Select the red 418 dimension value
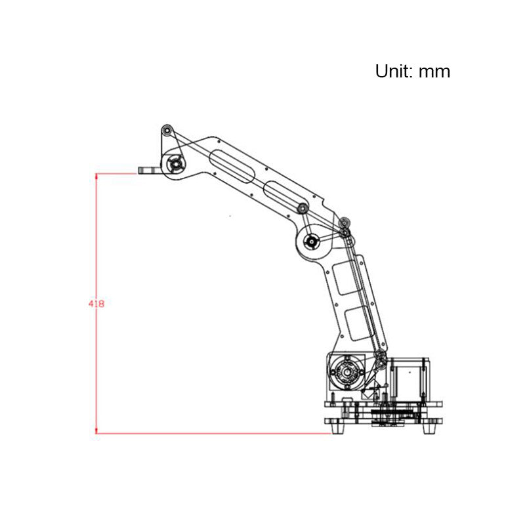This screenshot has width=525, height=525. (96, 304)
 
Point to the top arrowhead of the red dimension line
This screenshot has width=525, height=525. (96, 176)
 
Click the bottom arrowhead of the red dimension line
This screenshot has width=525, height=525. (96, 430)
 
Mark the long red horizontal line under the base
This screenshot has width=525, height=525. (215, 434)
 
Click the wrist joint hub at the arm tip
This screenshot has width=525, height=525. (175, 165)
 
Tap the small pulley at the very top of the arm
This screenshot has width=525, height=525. (167, 131)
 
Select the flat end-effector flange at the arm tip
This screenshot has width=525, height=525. (150, 171)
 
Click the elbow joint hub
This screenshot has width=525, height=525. (311, 241)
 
